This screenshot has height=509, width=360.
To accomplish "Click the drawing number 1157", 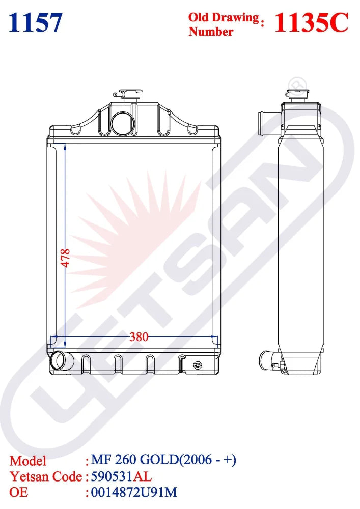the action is click(x=35, y=23).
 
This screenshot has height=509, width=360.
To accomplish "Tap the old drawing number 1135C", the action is click(x=311, y=23).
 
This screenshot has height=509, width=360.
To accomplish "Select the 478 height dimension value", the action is click(x=66, y=258).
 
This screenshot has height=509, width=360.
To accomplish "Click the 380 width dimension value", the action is click(x=139, y=337).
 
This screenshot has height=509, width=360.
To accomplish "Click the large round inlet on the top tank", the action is click(x=123, y=123).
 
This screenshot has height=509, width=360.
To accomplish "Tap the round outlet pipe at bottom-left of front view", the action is click(x=59, y=360).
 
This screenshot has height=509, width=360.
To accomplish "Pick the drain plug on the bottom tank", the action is click(x=197, y=365).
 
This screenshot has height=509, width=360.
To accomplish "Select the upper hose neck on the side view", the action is click(x=265, y=124).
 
